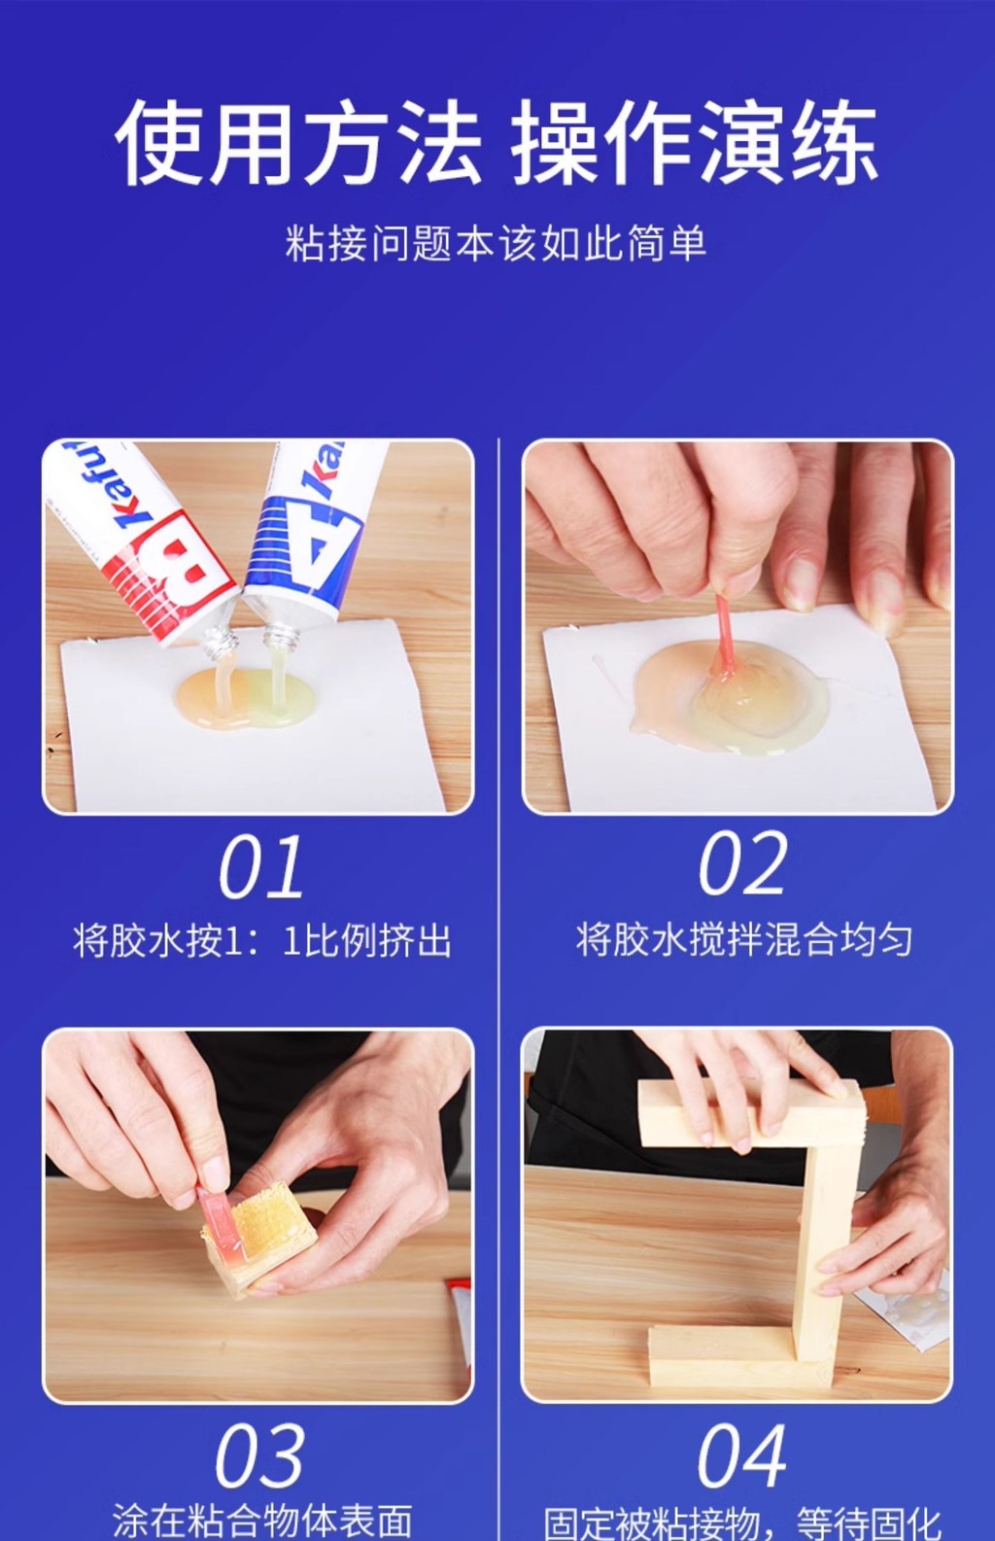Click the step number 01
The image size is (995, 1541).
pyautogui.click(x=260, y=867)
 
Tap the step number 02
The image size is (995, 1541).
pyautogui.click(x=742, y=863)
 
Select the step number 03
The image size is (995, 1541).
pyautogui.click(x=259, y=1456)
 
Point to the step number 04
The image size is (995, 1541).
pyautogui.click(x=741, y=1456)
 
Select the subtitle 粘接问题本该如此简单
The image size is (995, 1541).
pyautogui.click(x=497, y=243)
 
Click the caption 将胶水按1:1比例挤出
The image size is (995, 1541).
pyautogui.click(x=262, y=941)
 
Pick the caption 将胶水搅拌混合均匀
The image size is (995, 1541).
pyautogui.click(x=744, y=940)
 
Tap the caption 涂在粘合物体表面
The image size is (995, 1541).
pyautogui.click(x=262, y=1520)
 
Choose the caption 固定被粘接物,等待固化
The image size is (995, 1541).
pyautogui.click(x=743, y=1522)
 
